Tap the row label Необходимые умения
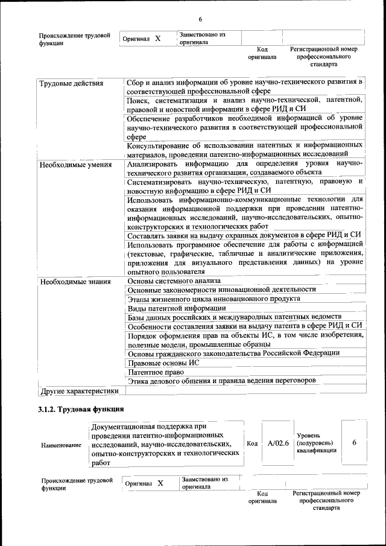75,164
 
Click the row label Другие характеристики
78,391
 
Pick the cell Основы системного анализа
174,281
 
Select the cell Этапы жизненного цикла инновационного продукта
214,299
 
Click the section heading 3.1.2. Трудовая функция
77,410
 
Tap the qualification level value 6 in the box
354,443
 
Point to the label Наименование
61,445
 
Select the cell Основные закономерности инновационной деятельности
221,290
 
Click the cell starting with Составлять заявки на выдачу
244,235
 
